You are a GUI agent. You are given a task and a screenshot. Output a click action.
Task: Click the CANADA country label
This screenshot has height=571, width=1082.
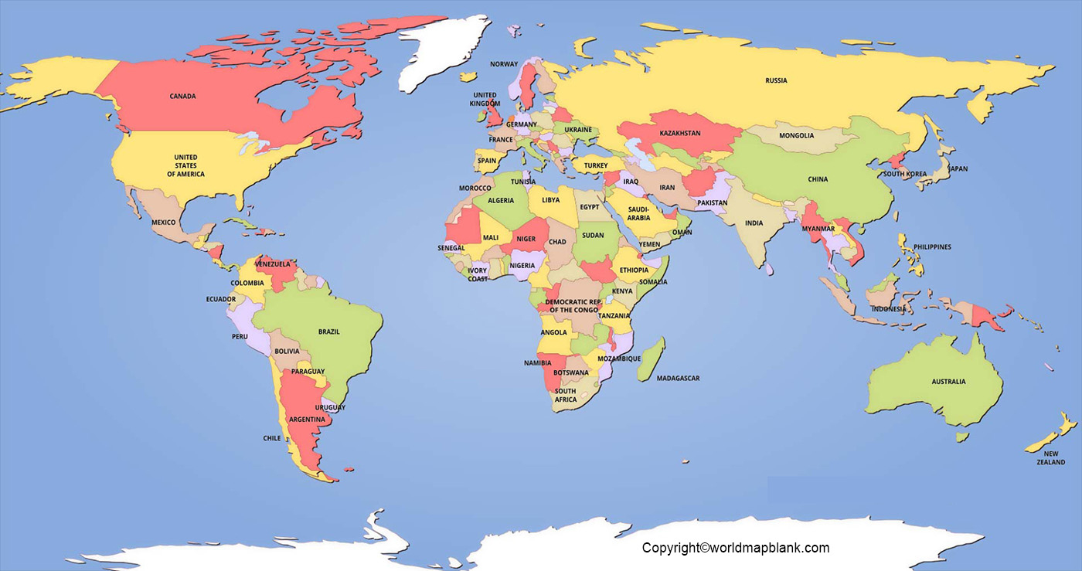click(182, 97)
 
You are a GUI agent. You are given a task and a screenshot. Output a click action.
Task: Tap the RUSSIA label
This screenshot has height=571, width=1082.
click(776, 80)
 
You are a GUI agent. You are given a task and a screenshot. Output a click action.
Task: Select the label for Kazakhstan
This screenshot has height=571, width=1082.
click(679, 133)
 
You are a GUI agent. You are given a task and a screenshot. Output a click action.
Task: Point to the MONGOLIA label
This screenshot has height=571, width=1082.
click(796, 136)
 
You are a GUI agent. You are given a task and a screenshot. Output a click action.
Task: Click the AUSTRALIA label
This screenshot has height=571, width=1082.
click(948, 382)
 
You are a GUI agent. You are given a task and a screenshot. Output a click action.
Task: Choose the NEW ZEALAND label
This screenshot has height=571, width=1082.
click(1050, 458)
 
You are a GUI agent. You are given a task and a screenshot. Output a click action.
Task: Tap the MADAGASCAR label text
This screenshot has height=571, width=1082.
click(678, 379)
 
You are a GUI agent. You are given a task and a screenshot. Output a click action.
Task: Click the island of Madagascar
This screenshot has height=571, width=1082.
click(650, 359)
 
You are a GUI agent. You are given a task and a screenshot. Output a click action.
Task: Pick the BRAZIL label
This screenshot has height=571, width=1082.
click(328, 332)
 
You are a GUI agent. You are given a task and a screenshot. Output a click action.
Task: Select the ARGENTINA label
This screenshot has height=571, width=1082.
click(306, 420)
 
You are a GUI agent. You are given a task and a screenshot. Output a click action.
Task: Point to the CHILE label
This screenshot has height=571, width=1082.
click(272, 438)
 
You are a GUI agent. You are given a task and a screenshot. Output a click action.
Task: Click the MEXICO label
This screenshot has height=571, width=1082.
click(163, 223)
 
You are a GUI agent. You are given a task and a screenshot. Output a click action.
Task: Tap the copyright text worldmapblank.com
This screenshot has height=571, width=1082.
click(735, 548)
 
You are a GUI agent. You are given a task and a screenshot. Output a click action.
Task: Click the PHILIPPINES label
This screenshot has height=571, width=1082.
click(932, 247)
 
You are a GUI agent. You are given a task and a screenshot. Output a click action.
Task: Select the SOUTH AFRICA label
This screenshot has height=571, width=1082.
click(565, 395)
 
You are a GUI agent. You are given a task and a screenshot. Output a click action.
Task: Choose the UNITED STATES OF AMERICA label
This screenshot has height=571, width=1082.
click(185, 165)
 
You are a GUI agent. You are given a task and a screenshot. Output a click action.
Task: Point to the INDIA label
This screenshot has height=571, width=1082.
click(754, 223)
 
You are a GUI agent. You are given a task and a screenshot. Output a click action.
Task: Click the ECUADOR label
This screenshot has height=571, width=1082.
click(221, 299)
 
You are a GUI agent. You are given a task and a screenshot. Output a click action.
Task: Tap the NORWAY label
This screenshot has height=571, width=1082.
click(504, 64)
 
